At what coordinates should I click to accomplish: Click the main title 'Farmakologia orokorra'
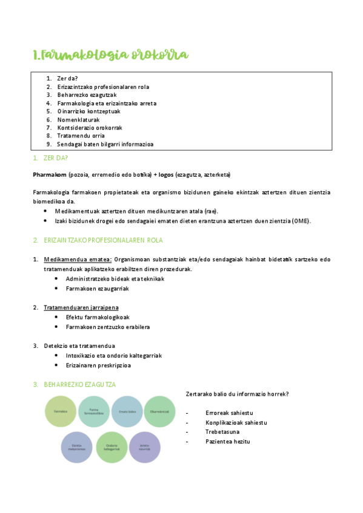[x=110, y=55]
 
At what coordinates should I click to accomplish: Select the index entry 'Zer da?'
[x=67, y=79]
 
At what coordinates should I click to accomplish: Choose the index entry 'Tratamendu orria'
[x=81, y=136]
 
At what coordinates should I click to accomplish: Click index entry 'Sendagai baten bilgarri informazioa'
[x=105, y=145]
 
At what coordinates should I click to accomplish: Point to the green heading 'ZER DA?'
[x=55, y=158]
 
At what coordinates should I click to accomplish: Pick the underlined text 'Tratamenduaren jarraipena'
[x=81, y=307]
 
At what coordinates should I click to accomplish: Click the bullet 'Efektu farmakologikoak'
[x=98, y=317]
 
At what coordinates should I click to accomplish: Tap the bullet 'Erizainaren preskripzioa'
[x=98, y=365]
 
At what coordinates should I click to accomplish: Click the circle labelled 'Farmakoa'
[x=61, y=411]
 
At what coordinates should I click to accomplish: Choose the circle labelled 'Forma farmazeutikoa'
[x=94, y=411]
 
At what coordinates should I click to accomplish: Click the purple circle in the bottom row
[x=145, y=448]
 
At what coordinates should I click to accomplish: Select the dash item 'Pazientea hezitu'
[x=227, y=442]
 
